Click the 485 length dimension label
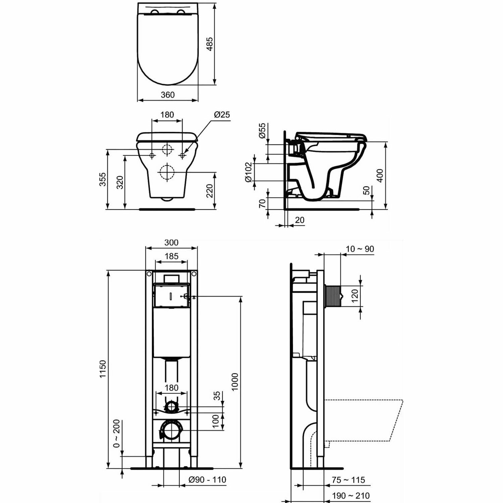(210, 44)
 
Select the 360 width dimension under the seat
(168, 95)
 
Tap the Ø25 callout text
(222, 115)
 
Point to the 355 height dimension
(103, 179)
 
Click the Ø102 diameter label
(248, 172)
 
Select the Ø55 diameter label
(262, 130)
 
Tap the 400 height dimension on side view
(380, 175)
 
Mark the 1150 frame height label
(103, 369)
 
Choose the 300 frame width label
(171, 242)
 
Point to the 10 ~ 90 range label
(360, 249)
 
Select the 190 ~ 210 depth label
(351, 496)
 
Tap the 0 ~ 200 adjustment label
(116, 433)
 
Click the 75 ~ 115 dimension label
(348, 480)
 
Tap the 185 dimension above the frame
(171, 257)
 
